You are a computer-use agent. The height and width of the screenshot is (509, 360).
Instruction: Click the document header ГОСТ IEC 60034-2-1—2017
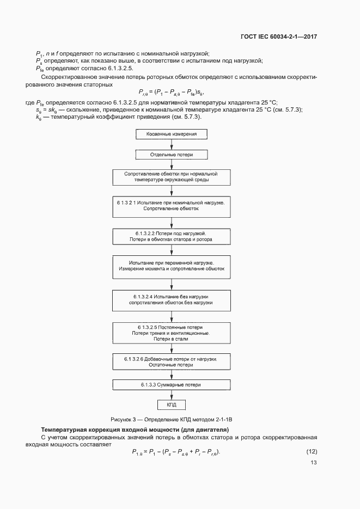coord(278,37)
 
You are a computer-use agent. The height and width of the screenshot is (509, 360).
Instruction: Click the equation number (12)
coord(312,451)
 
